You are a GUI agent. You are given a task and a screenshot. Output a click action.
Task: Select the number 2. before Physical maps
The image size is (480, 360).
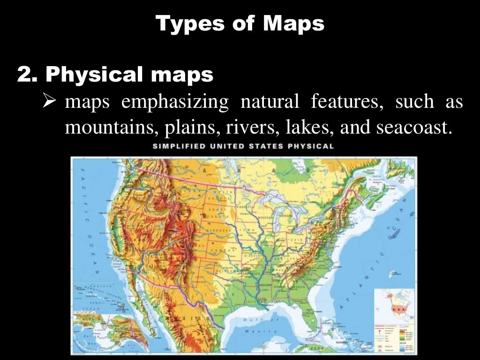[x=29, y=75]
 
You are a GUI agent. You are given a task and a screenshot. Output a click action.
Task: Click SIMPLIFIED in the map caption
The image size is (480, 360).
[x=180, y=146]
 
